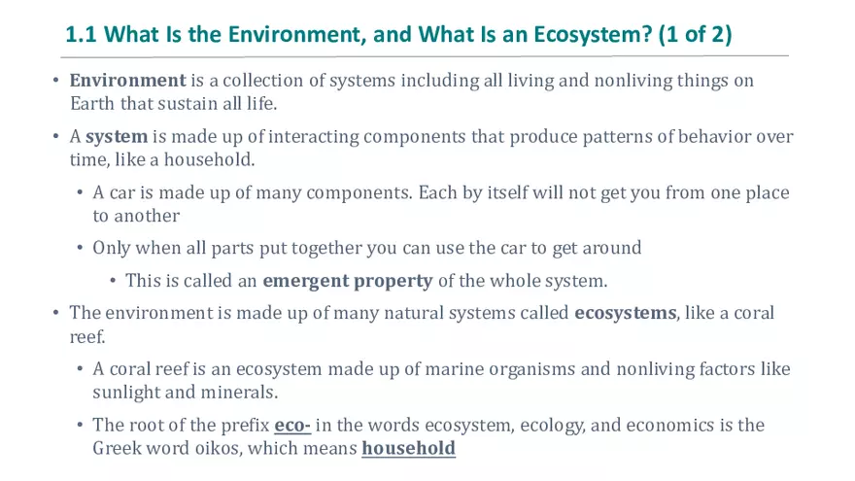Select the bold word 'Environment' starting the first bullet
pos(127,81)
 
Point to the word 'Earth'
pos(91,103)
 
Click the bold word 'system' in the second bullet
pos(117,137)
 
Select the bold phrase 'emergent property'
pos(348,281)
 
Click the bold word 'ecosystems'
pos(624,314)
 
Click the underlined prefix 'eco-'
pos(292,426)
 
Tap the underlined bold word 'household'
pos(408,448)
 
